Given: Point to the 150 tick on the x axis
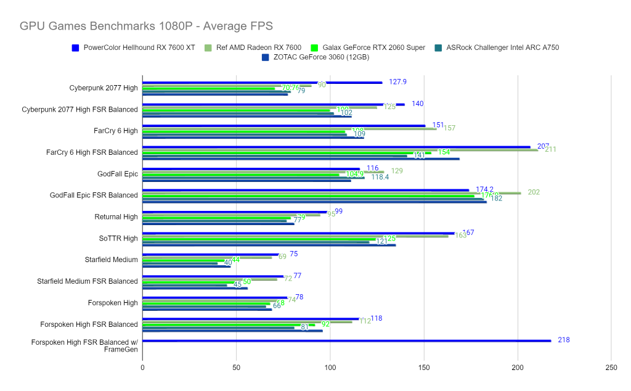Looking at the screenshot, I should [424, 368].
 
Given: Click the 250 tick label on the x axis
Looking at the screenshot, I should [611, 368].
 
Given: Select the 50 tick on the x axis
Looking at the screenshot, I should [237, 368].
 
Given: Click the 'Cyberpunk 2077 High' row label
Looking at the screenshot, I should [104, 88].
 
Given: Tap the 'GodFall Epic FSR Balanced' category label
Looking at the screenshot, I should [94, 196].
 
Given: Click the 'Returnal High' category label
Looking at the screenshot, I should [116, 217].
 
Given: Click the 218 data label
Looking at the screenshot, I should [563, 340].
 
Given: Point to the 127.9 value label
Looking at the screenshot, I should [397, 82].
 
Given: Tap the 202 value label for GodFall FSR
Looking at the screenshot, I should [534, 192].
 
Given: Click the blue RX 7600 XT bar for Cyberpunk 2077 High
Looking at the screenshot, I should [262, 83].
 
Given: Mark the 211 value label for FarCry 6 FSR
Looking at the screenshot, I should [551, 149].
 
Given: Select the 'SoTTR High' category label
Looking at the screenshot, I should [118, 238].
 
